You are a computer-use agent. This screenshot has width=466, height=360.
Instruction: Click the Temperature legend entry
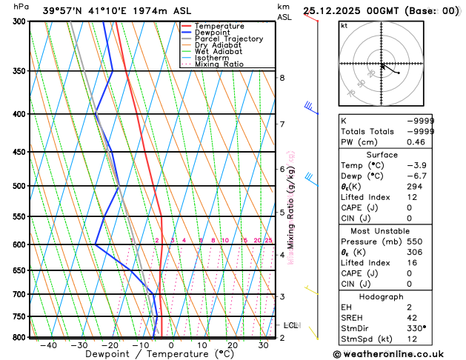(221, 26)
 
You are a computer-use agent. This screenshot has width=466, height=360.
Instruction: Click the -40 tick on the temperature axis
(49, 345)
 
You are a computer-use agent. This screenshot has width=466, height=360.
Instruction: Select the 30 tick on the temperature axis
(263, 345)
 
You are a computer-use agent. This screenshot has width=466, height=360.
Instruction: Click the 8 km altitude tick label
(282, 77)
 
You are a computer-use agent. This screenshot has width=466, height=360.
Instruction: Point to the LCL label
(291, 324)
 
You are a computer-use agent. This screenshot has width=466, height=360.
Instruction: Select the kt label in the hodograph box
(344, 25)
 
